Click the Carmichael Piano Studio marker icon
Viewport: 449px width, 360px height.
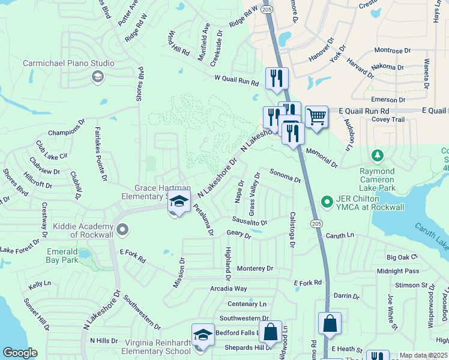pos(97,76)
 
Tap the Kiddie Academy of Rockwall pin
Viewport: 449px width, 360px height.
pos(122,229)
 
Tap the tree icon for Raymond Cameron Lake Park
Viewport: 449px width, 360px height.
pos(377,156)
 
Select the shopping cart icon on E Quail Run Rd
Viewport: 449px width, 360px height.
pos(316,116)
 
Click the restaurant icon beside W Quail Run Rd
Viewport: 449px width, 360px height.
pos(277,78)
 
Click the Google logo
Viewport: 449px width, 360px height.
pos(20,353)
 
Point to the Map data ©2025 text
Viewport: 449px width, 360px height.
pos(423,355)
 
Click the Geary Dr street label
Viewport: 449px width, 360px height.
pos(238,233)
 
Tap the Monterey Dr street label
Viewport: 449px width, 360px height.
pos(255,269)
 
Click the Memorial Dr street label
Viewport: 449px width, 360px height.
pos(321,157)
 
